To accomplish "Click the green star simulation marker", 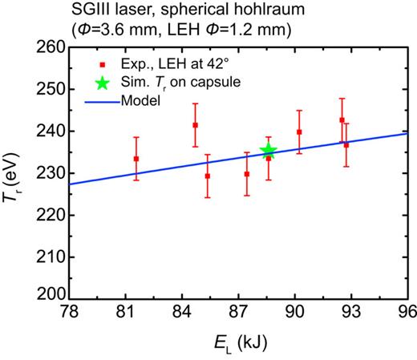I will [269, 151].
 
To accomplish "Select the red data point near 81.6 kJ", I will [136, 159].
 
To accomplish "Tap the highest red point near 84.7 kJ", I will [195, 125].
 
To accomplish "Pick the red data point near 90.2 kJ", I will [299, 131].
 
